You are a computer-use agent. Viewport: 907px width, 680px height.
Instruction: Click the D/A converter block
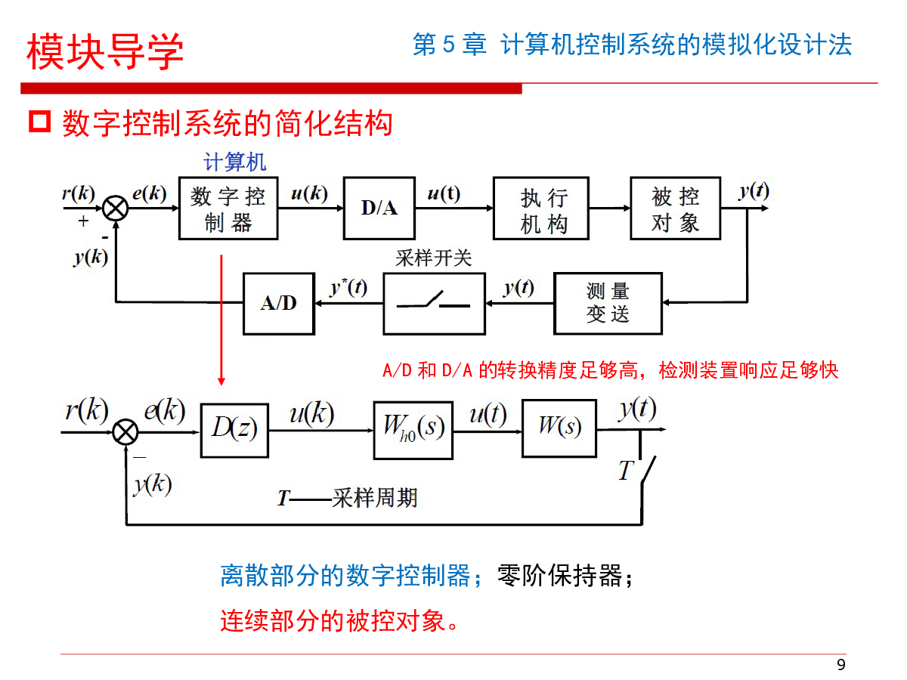pyautogui.click(x=379, y=208)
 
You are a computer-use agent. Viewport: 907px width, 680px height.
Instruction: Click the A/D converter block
pyautogui.click(x=278, y=303)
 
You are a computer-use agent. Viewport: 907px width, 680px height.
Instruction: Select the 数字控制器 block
pyautogui.click(x=228, y=209)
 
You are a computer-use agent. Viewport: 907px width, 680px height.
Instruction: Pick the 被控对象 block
pyautogui.click(x=675, y=209)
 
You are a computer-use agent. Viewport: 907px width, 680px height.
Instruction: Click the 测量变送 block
pyautogui.click(x=608, y=303)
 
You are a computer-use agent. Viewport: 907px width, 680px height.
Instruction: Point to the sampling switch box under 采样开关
pyautogui.click(x=434, y=303)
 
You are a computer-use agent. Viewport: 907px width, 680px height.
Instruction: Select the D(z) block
pyautogui.click(x=234, y=430)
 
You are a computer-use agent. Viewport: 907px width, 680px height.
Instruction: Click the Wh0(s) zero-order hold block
pyautogui.click(x=413, y=430)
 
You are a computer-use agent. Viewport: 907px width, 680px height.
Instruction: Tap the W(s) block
pyautogui.click(x=559, y=428)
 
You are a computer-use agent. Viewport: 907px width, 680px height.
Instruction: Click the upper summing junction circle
pyautogui.click(x=115, y=207)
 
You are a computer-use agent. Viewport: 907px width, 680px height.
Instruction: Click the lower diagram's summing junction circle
pyautogui.click(x=125, y=433)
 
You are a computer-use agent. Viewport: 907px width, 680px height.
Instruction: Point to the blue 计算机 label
pyautogui.click(x=235, y=162)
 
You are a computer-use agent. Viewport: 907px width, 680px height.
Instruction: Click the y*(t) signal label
pyautogui.click(x=348, y=288)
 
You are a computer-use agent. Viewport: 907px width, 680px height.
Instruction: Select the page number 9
pyautogui.click(x=841, y=665)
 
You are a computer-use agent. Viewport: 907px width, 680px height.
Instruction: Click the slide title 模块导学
pyautogui.click(x=105, y=52)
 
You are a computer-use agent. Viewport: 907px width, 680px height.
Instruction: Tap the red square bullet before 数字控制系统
pyautogui.click(x=39, y=121)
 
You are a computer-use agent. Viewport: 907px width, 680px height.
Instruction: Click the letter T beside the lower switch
pyautogui.click(x=625, y=471)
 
